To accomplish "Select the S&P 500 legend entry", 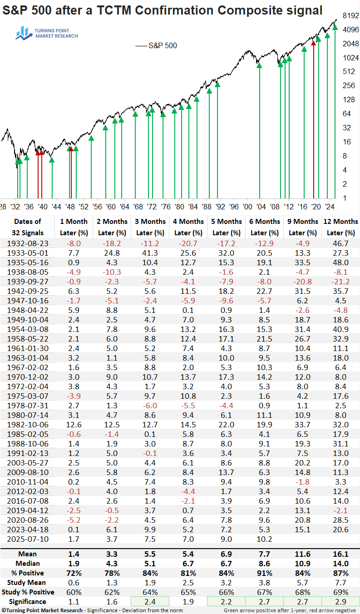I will [x=157, y=45].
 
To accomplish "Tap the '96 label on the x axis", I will [x=234, y=207].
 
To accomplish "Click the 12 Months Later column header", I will [x=340, y=227].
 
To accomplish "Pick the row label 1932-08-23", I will [x=28, y=244].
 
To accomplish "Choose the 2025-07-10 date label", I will [x=28, y=539].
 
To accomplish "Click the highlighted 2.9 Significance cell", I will [x=340, y=601].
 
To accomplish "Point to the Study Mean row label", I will [x=28, y=582].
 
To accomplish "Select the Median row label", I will [x=28, y=563].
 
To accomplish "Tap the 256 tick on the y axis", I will [x=349, y=86].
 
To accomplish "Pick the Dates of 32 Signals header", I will [x=28, y=227].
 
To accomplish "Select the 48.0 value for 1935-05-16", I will [x=340, y=263].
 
